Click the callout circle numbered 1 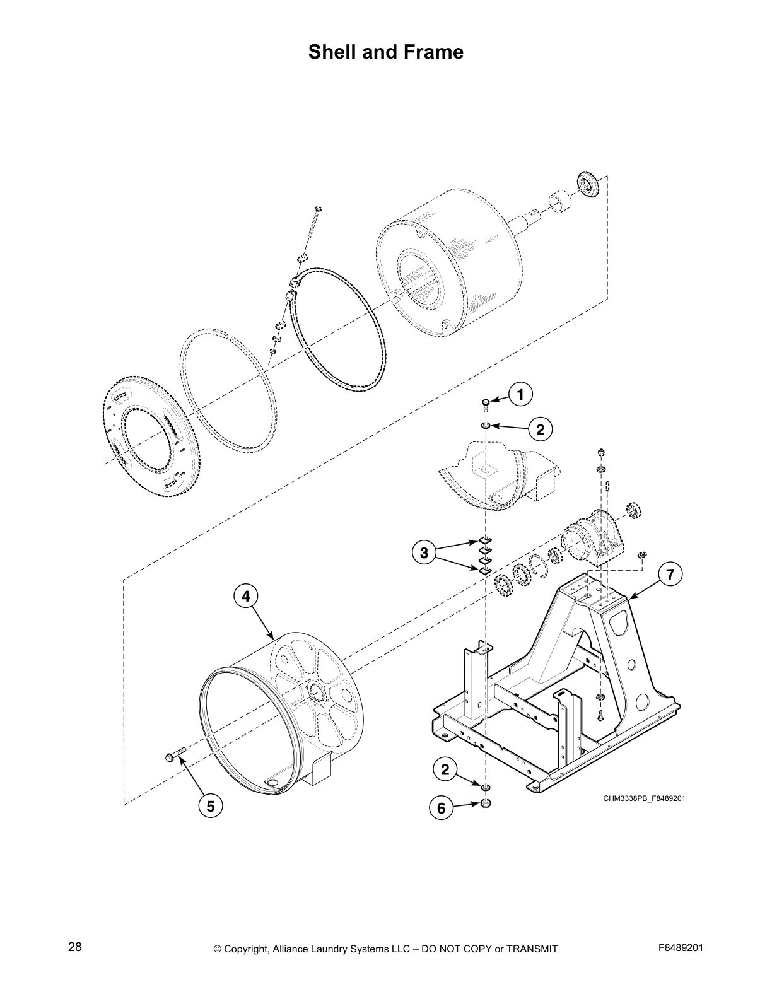pos(520,395)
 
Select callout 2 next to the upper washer pos(541,430)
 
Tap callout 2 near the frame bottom pos(445,769)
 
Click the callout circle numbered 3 pos(424,553)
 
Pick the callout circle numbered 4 pos(246,595)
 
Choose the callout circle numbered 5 pos(211,806)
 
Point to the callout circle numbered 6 pos(442,808)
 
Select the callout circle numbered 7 pos(670,574)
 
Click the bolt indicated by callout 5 pos(175,755)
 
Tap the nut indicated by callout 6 pos(486,803)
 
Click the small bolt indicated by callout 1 pos(486,404)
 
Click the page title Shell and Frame pos(385,52)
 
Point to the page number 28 pos(75,948)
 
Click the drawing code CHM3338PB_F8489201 pos(644,798)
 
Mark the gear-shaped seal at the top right pos(589,184)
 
